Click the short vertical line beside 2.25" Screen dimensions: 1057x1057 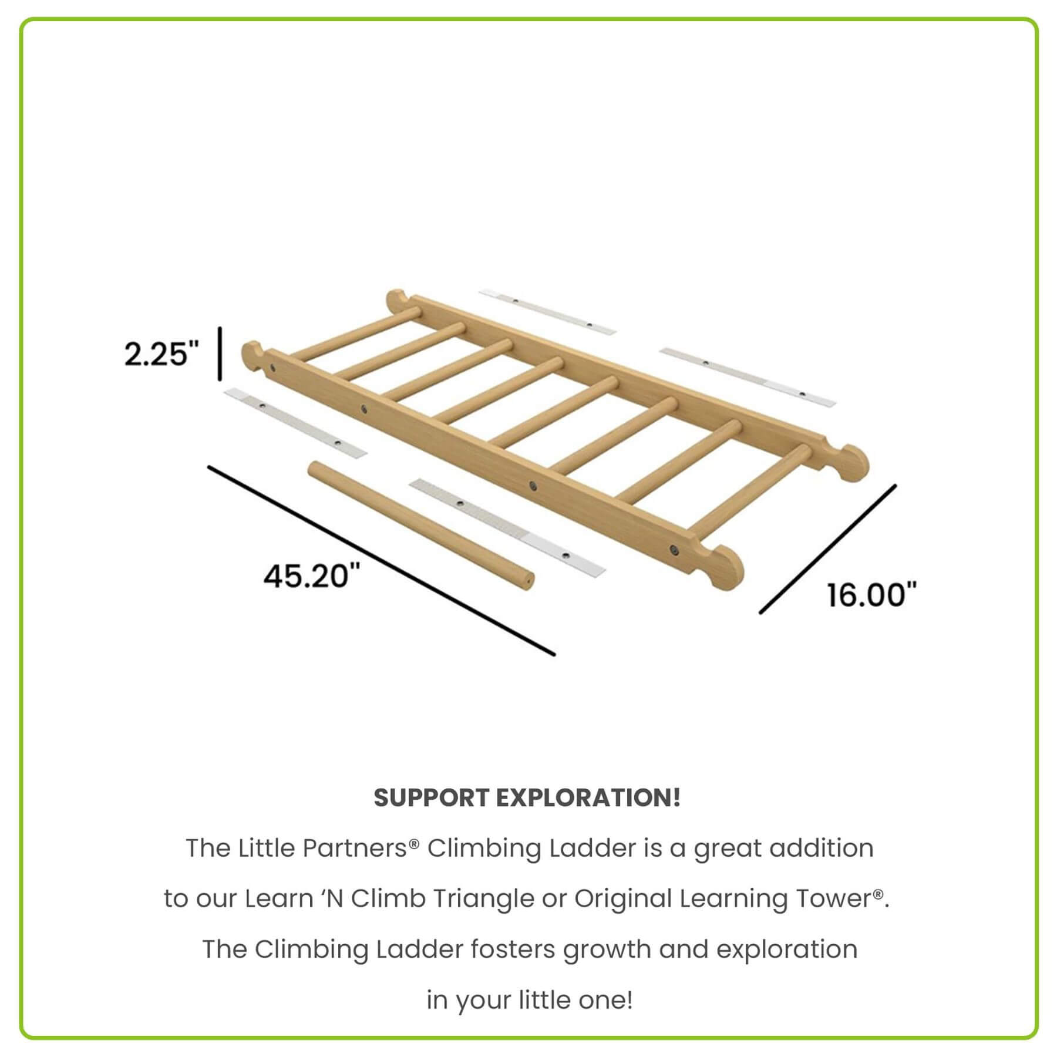220,354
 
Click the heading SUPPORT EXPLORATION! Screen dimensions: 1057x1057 527,797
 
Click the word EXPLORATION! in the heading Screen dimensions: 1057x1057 588,797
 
